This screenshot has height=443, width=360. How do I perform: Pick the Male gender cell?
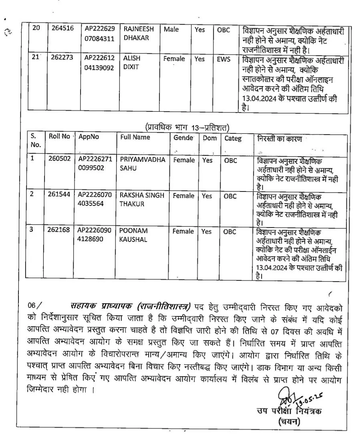tap(171, 29)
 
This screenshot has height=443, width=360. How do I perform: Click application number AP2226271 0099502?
tap(95, 164)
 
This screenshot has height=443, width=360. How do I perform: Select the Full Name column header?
tap(135, 137)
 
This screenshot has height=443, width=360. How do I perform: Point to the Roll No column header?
tap(59, 136)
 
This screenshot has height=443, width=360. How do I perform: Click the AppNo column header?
tap(89, 137)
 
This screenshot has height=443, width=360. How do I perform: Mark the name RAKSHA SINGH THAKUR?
tap(142, 199)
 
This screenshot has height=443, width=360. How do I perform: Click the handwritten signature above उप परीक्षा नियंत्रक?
tap(285, 398)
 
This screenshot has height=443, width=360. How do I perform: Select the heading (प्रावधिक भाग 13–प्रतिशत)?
tap(187, 127)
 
